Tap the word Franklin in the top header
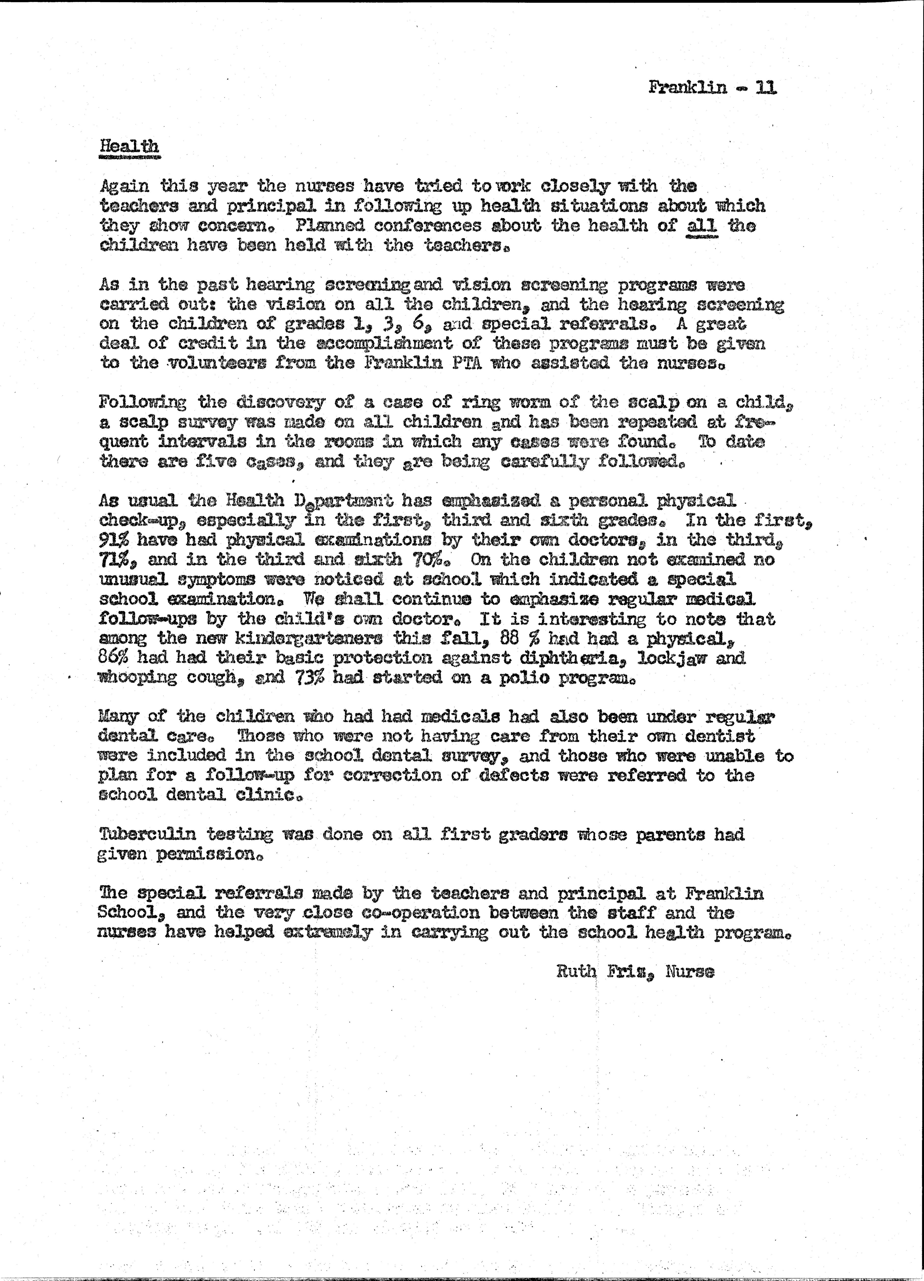(x=688, y=87)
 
